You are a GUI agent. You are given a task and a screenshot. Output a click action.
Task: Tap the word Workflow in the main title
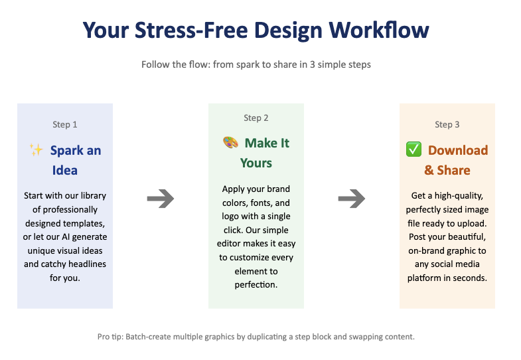point(380,31)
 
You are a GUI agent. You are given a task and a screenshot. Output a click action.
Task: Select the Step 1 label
point(65,124)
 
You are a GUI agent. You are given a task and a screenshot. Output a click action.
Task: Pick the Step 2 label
point(256,118)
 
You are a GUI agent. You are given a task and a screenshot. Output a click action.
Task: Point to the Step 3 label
point(447,124)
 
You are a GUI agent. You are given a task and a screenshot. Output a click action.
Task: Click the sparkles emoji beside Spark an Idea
point(36,150)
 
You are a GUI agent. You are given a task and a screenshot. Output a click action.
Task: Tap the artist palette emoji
point(230,143)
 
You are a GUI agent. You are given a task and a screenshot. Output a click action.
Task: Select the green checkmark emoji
point(413,150)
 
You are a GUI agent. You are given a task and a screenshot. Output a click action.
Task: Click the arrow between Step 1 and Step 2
point(160,198)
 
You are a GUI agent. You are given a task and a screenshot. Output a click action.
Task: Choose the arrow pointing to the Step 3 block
point(352,198)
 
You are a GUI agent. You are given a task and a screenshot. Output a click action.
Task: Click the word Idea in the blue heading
point(65,170)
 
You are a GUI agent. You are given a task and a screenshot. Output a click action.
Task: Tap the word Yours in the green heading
point(256,163)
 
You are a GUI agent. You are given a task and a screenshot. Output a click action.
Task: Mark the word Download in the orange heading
point(458,150)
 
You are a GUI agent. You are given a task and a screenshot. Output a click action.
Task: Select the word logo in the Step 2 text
point(234,217)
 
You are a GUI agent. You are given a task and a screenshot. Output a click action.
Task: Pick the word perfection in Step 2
point(256,285)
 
